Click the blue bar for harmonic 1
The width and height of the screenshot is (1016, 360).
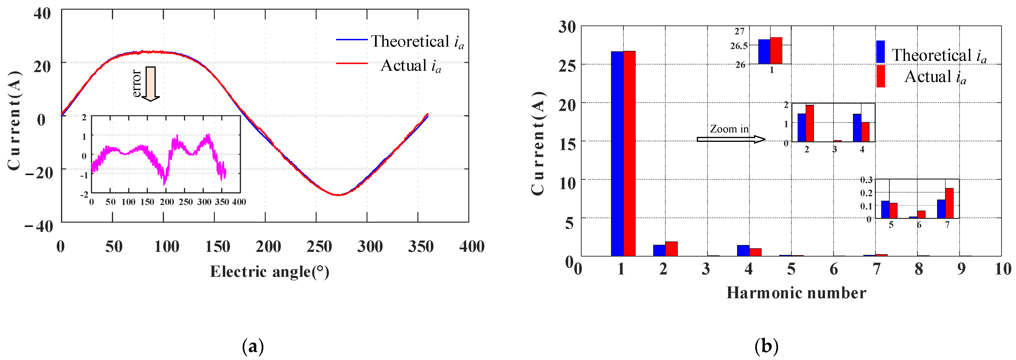(617, 154)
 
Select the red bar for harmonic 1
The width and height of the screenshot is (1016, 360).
(629, 154)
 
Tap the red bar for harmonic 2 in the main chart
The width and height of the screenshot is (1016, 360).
(671, 249)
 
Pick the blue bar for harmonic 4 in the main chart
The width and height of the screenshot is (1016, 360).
(743, 251)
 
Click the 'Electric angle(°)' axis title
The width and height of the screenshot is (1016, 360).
(269, 272)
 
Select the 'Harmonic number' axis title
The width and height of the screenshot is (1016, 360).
(796, 293)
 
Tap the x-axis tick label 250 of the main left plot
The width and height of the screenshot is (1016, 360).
(319, 247)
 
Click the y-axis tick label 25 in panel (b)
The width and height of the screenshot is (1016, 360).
(567, 66)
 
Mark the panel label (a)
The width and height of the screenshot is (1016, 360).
(253, 347)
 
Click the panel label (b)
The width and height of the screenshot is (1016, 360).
(766, 347)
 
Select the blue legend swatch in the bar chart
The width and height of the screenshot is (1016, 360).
(880, 52)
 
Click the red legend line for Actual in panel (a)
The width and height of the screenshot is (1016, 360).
(351, 63)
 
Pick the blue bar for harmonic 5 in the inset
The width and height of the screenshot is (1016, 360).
(885, 209)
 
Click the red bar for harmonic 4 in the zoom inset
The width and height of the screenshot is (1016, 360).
(865, 132)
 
